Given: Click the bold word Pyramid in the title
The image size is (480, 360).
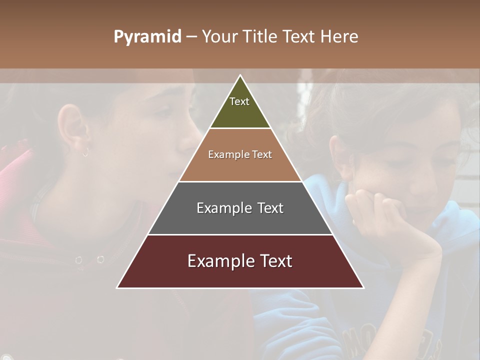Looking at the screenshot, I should pyautogui.click(x=147, y=36).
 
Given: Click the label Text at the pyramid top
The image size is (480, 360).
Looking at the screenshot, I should pyautogui.click(x=239, y=101).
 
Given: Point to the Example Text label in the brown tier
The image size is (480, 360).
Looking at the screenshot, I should pyautogui.click(x=240, y=154).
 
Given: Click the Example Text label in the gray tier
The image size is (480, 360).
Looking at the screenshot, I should pyautogui.click(x=240, y=208).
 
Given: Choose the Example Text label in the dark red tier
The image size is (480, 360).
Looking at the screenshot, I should pyautogui.click(x=240, y=261).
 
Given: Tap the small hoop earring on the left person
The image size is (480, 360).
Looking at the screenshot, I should pyautogui.click(x=85, y=153).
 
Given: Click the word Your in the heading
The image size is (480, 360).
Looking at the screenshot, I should pyautogui.click(x=218, y=36).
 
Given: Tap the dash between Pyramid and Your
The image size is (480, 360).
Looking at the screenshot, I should pyautogui.click(x=191, y=37).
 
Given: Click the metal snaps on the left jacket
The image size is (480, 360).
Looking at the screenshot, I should pyautogui.click(x=89, y=259).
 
